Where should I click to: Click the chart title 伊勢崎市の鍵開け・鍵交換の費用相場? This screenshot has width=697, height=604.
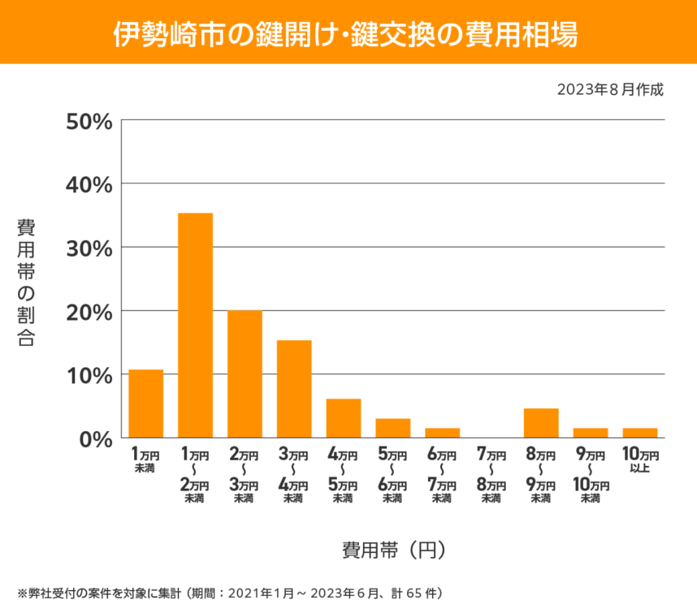pos(348,32)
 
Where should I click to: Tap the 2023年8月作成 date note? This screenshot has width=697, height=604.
pos(610,89)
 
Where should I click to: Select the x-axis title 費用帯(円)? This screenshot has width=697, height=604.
pos(393,550)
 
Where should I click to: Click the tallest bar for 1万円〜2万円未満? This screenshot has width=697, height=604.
pos(195,325)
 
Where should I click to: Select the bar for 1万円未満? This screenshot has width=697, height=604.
pos(146,403)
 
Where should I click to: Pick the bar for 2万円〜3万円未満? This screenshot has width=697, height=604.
pos(245,373)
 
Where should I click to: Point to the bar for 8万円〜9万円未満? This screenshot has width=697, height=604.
pos(541,423)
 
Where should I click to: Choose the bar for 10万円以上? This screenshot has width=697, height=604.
pos(640,433)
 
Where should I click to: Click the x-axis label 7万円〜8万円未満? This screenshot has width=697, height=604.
pos(491,474)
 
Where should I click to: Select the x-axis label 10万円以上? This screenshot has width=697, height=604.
pos(640,460)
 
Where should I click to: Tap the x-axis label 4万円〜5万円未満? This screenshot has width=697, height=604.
pos(343,474)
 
